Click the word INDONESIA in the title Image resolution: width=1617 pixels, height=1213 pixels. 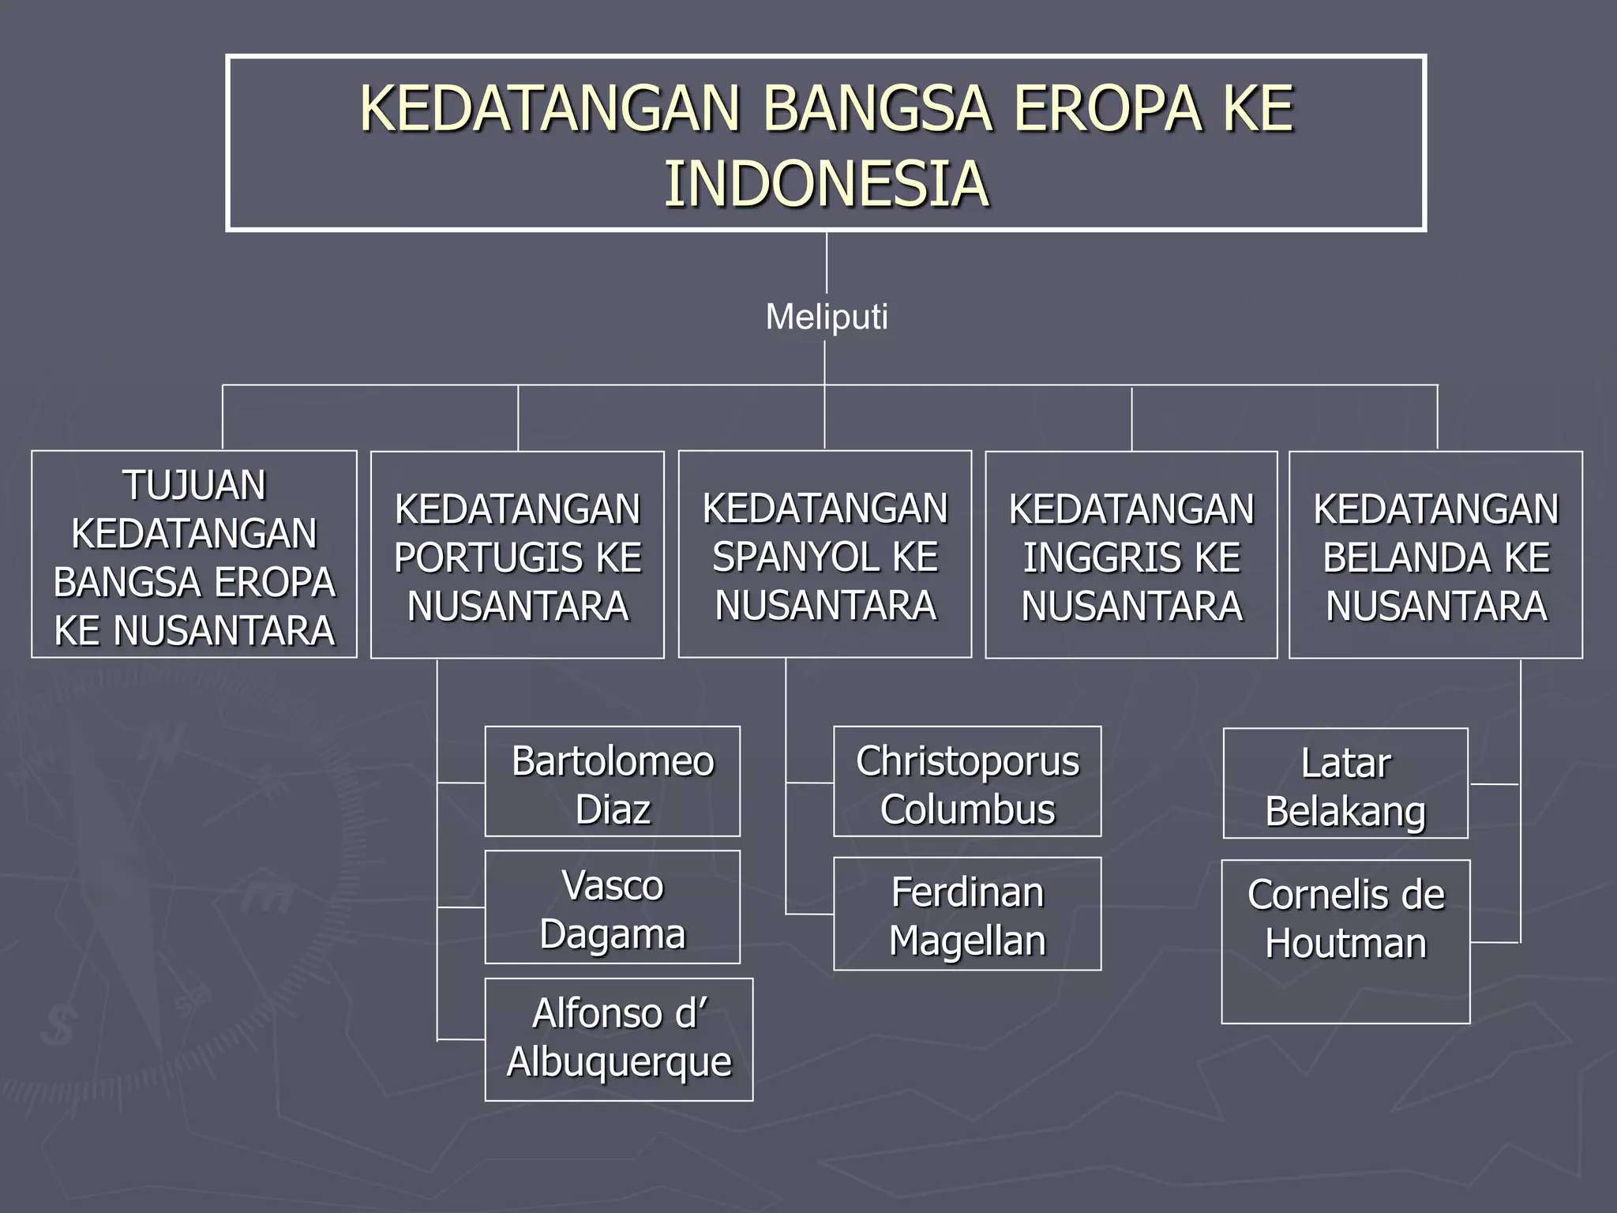coord(826,184)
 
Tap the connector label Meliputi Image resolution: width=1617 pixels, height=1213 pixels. coord(826,317)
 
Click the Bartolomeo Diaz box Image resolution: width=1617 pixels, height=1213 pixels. coord(612,782)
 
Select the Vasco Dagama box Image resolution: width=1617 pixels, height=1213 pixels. coord(612,907)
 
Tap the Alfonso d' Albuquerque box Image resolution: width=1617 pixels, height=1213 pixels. coord(618,1039)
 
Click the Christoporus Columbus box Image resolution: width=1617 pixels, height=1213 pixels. coord(967,782)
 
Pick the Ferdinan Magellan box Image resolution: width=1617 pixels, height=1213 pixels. coord(967,914)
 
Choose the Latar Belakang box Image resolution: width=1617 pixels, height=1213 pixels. coord(1345,783)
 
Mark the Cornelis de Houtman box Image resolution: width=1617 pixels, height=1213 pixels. coord(1345,941)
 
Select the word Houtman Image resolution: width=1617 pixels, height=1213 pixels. coord(1345,944)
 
